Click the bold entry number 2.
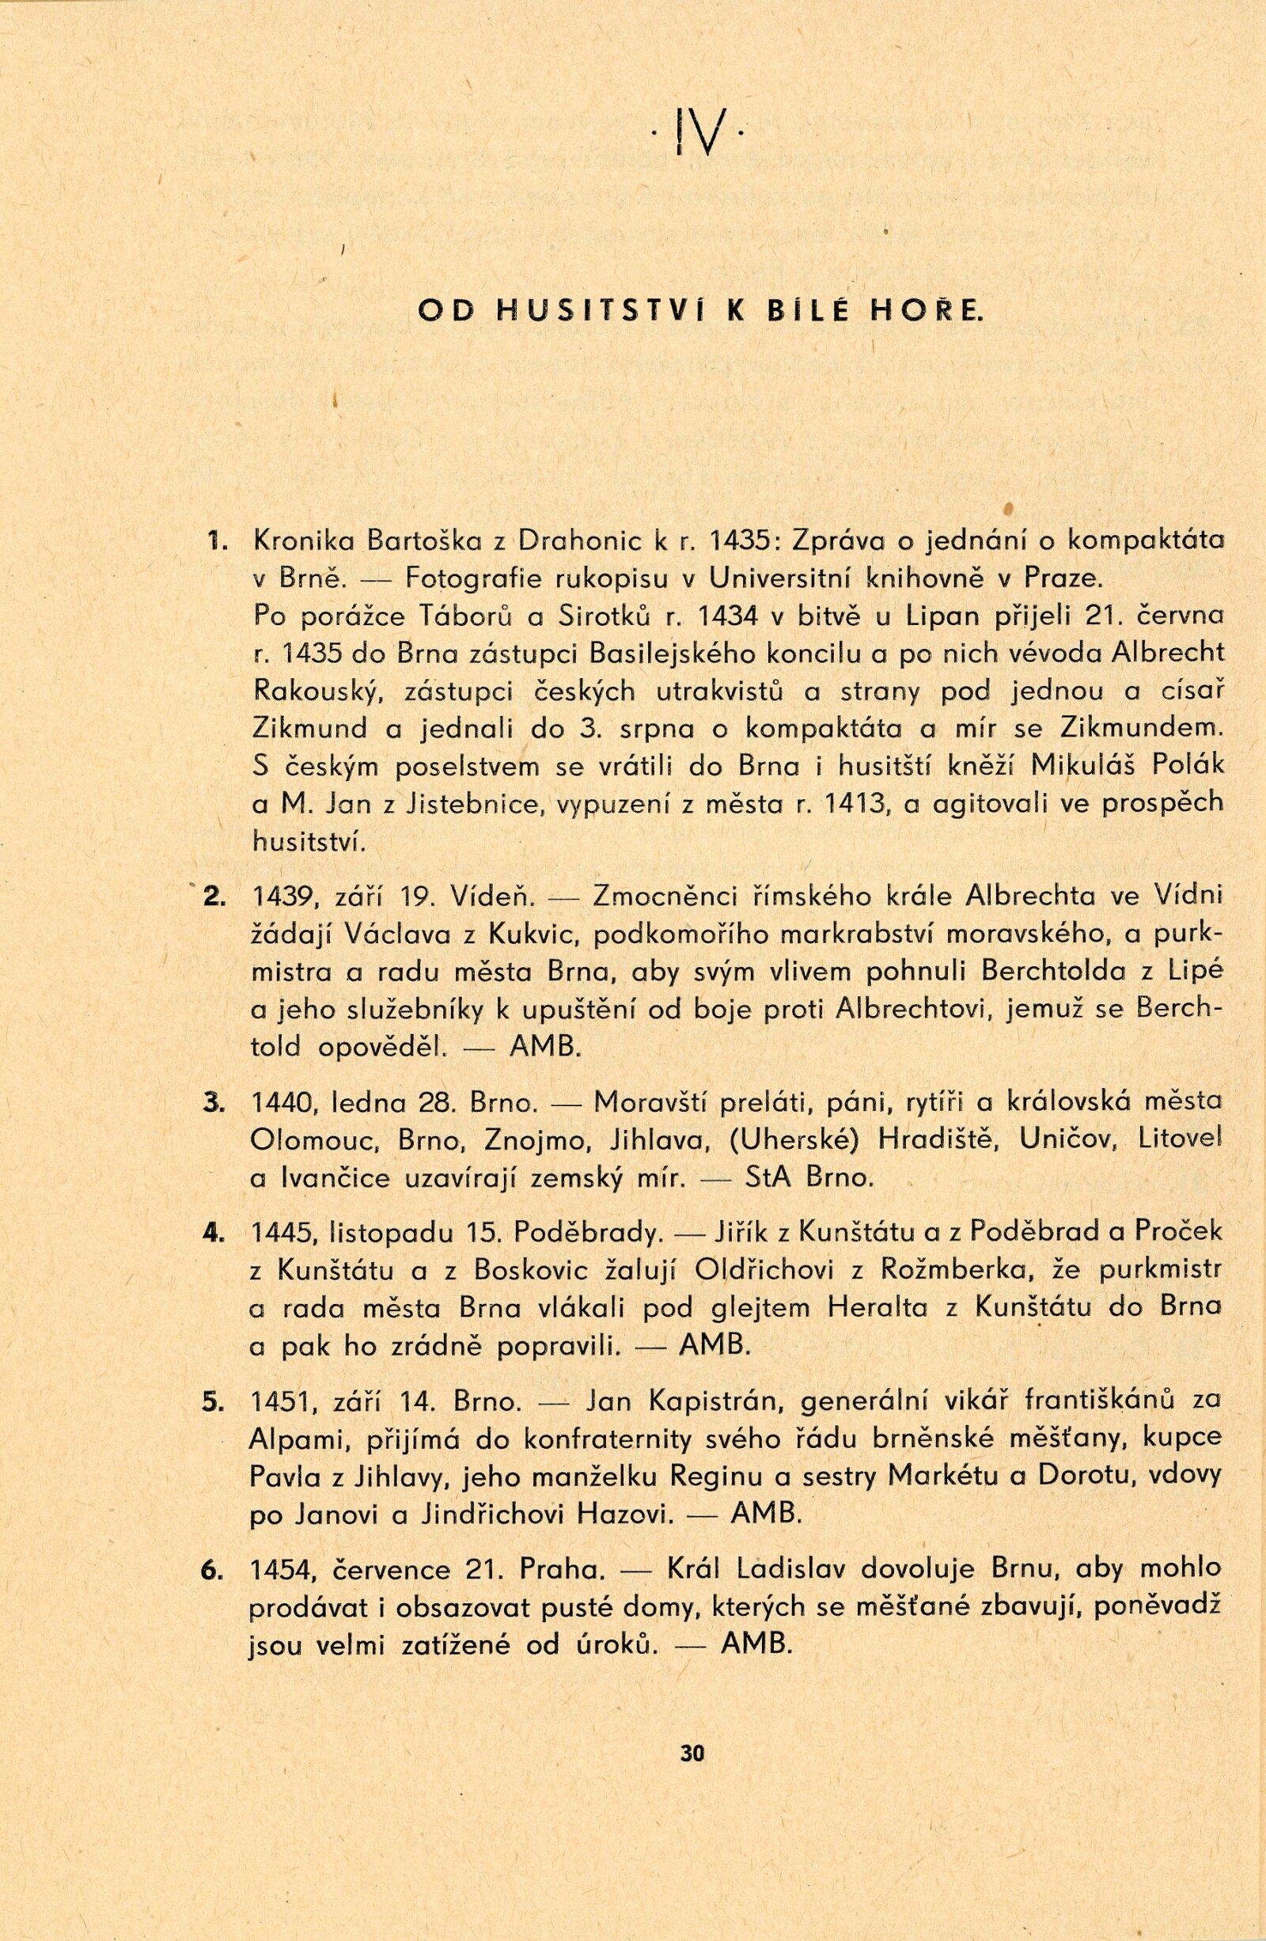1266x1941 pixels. [216, 897]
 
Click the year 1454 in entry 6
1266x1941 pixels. [280, 1571]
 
